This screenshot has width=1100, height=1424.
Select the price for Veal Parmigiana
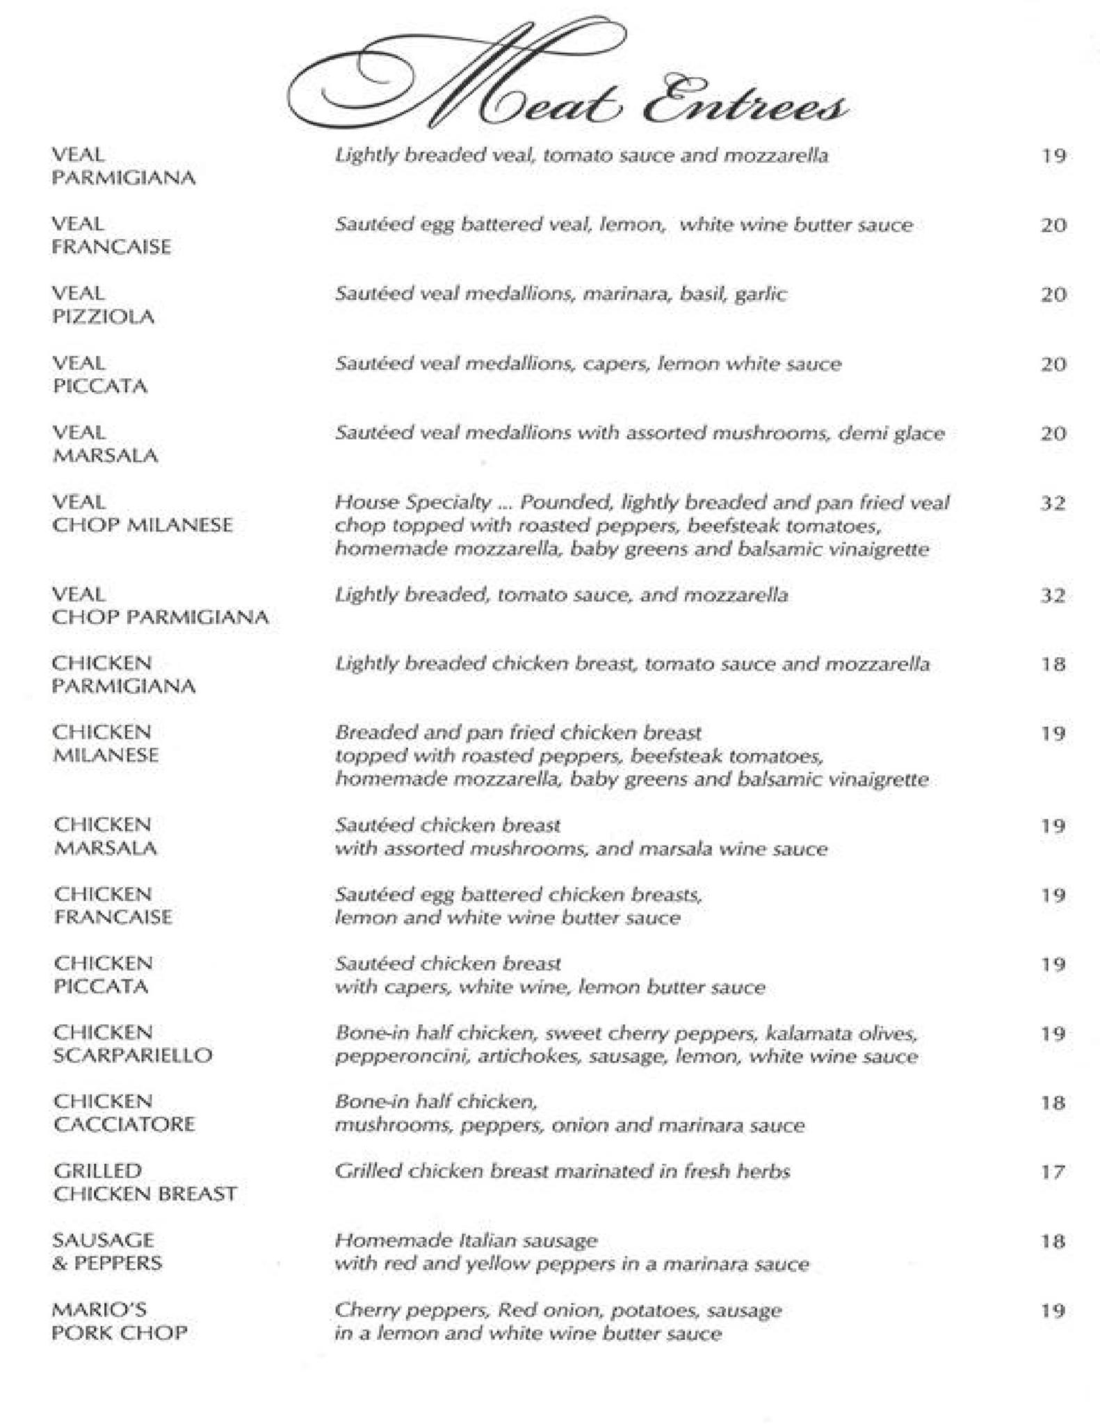coord(1053,156)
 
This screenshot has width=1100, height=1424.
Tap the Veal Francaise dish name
coord(111,236)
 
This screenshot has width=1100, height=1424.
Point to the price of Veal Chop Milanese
coord(1053,503)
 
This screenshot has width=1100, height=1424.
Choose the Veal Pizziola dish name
coord(103,305)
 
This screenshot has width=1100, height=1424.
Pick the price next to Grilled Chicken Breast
coord(1053,1172)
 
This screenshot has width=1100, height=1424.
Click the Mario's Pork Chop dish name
coord(120,1322)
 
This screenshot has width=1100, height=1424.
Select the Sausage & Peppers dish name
coord(107,1252)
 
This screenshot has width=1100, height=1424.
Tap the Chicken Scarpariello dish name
coord(132,1044)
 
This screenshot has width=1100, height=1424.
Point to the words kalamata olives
coord(841,1034)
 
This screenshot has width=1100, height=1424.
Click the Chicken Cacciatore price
coord(1053,1103)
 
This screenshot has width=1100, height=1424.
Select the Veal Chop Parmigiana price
coord(1053,596)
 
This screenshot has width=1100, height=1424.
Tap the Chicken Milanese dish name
coord(106,744)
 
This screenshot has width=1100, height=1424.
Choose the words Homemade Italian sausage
coord(466,1241)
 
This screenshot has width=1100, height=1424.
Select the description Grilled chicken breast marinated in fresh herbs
coord(562,1172)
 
